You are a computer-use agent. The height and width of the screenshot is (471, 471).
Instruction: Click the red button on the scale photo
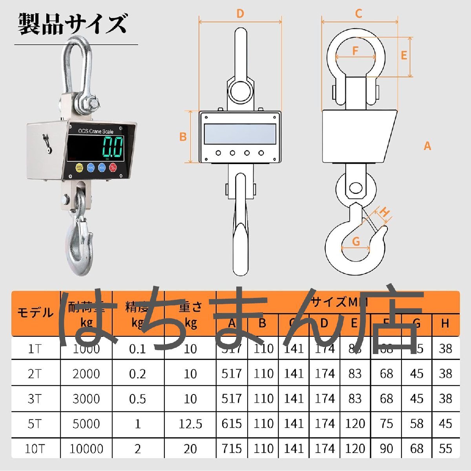tap(113, 168)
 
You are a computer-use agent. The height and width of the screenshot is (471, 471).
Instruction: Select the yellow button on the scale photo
tap(79, 168)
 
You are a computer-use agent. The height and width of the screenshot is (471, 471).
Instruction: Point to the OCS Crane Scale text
tap(96, 131)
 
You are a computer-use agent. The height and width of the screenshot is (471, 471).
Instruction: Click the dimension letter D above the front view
tap(240, 14)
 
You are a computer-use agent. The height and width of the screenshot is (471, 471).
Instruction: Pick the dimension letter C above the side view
tap(358, 14)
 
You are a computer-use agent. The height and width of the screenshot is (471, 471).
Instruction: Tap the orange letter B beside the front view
tap(183, 137)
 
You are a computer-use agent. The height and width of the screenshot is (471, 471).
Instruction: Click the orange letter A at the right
tap(427, 146)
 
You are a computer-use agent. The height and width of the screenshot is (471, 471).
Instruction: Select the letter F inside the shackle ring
tap(356, 51)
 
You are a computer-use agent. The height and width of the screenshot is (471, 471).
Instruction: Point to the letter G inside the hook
tap(356, 241)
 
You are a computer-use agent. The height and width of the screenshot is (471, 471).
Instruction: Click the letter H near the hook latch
tap(385, 212)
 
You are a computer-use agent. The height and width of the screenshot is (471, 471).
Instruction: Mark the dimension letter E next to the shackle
tap(404, 55)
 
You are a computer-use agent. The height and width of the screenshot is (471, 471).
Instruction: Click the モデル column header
tap(35, 313)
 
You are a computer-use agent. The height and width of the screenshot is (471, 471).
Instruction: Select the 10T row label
tap(35, 449)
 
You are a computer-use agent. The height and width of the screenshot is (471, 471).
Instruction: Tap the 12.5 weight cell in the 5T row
tap(190, 424)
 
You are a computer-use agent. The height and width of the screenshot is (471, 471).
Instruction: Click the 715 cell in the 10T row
tap(232, 449)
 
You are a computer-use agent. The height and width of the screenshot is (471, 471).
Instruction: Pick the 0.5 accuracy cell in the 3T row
tap(137, 399)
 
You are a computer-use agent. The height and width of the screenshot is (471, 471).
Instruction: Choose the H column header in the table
tap(445, 323)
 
